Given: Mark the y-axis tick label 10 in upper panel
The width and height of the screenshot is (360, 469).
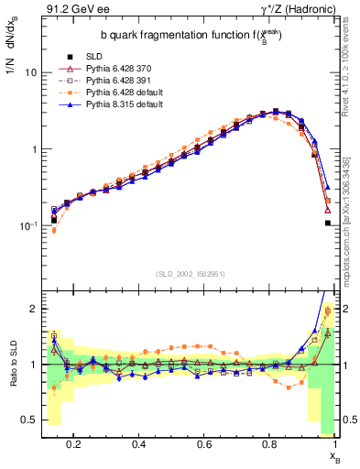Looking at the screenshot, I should point(30,72).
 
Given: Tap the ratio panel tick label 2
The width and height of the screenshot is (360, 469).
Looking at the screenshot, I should point(33,310).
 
